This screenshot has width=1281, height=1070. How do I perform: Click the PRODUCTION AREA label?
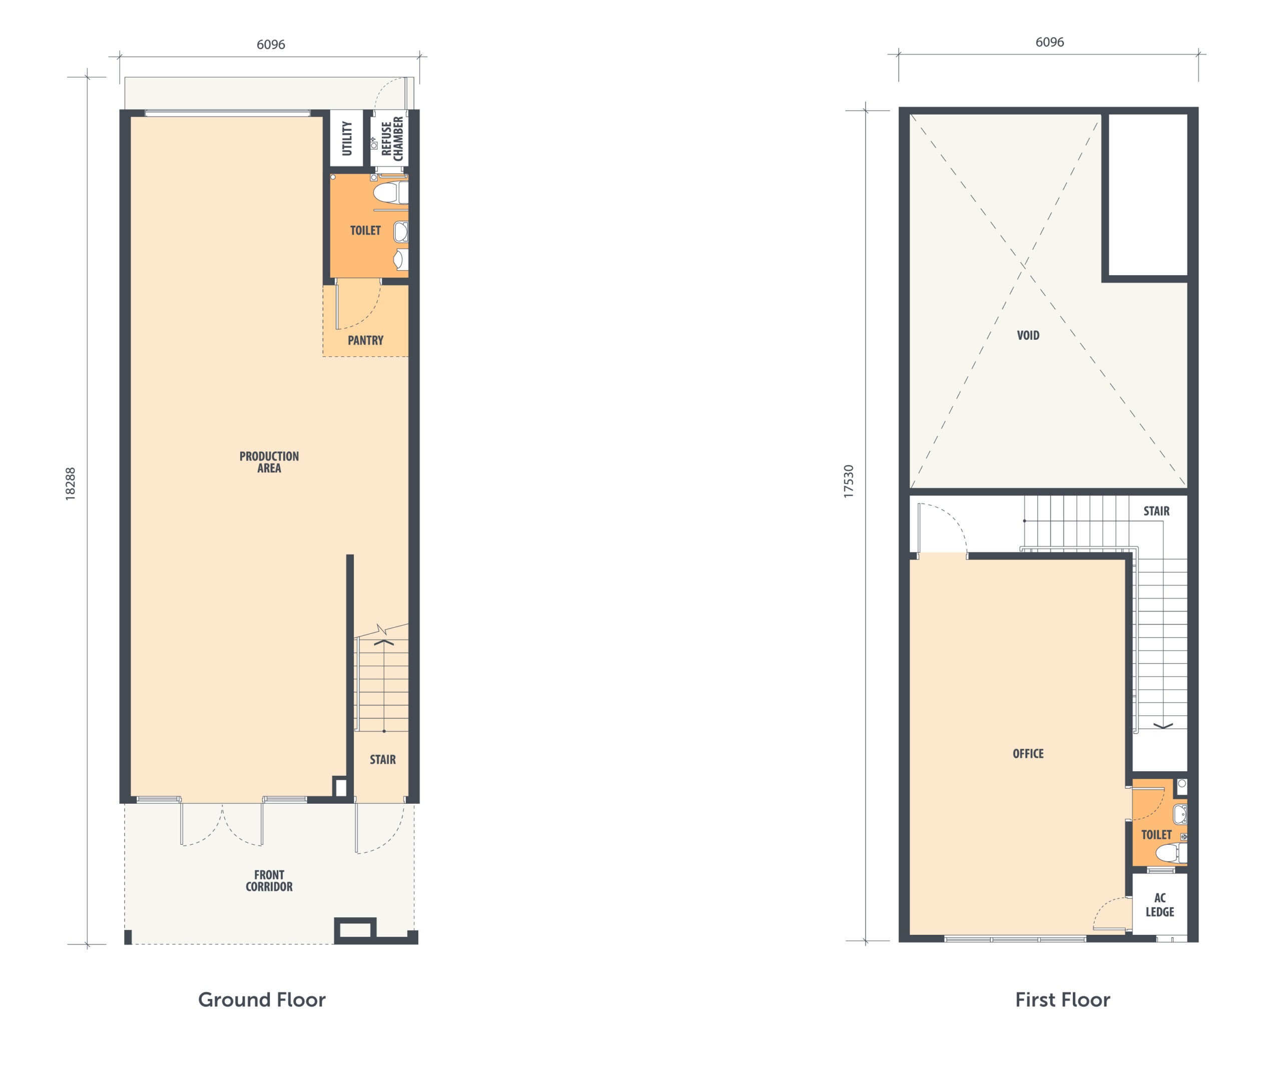tap(269, 462)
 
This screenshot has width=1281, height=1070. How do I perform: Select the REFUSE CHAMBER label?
tap(392, 139)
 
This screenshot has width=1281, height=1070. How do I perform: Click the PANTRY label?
tap(365, 340)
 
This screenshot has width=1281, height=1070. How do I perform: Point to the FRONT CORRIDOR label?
tap(269, 881)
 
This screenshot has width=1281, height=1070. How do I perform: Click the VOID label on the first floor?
tap(1028, 335)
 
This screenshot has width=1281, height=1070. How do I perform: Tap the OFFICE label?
tap(1028, 753)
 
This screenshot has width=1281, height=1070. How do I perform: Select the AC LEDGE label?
tap(1159, 905)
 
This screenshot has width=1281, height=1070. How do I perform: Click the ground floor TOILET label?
tap(365, 231)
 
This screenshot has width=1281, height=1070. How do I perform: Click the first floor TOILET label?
tap(1156, 834)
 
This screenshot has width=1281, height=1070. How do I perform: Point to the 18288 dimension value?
tap(71, 484)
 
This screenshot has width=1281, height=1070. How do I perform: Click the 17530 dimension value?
tap(849, 482)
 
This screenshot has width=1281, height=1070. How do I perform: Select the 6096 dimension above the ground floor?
tap(271, 45)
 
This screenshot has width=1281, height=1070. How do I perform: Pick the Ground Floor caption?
tap(262, 1000)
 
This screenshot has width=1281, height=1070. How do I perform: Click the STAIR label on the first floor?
tap(1156, 511)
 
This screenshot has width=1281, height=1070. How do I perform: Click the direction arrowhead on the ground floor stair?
tap(384, 642)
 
